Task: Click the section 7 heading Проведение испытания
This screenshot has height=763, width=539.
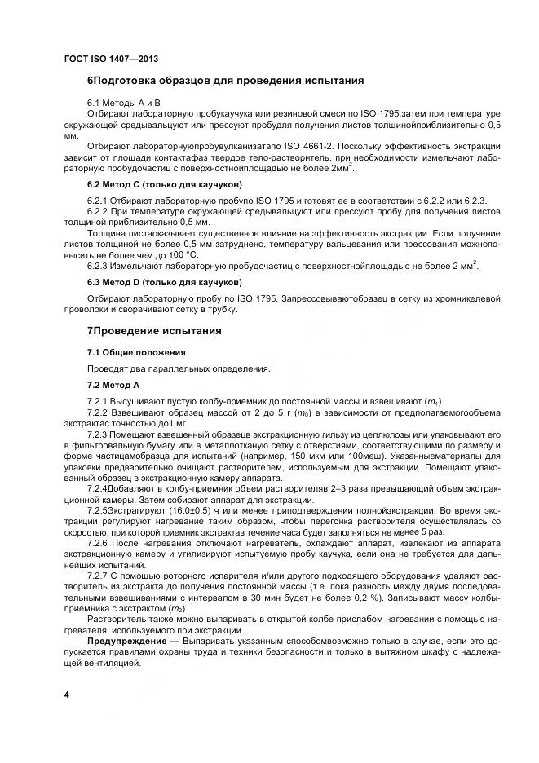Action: (x=155, y=332)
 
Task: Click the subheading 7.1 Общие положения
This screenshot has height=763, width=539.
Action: (x=136, y=352)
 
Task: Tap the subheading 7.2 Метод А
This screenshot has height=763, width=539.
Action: (x=114, y=384)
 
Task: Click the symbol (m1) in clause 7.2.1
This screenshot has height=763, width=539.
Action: (x=431, y=401)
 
